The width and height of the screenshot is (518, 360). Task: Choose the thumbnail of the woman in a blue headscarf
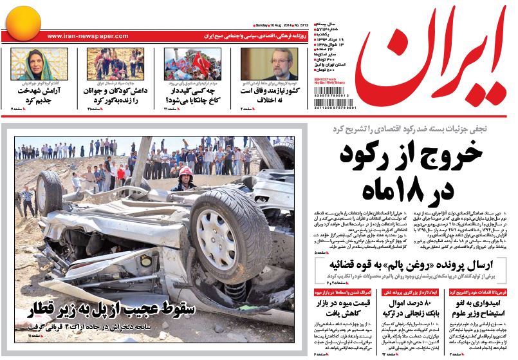[x=30, y=64]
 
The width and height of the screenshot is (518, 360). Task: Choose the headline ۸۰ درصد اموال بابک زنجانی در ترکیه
[x=412, y=307]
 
